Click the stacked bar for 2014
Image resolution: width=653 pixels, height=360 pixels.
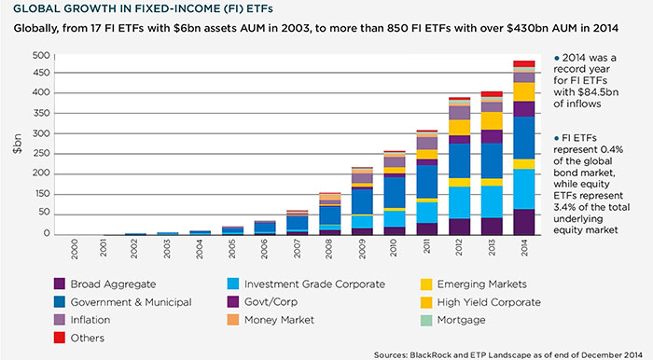tap(523, 149)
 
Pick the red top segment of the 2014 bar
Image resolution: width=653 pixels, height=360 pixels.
tap(523, 64)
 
